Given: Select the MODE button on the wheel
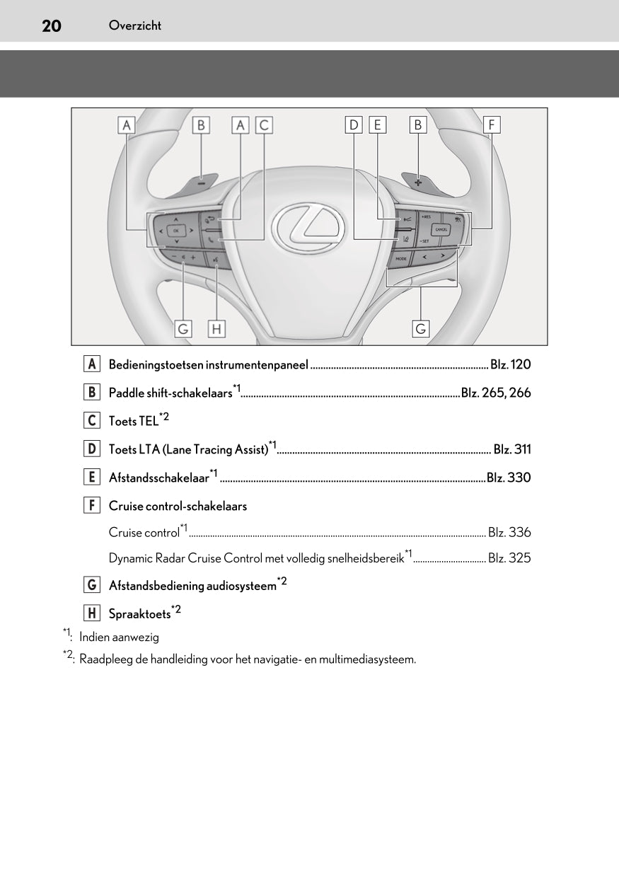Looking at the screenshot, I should click(401, 260).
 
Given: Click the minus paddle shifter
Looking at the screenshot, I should click(202, 183).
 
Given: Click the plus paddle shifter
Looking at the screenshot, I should click(418, 182).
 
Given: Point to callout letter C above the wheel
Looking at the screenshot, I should click(264, 125).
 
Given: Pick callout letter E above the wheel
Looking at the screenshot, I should click(377, 125).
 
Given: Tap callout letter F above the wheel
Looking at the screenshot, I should click(491, 125).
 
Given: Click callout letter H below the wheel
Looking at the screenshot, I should click(216, 328).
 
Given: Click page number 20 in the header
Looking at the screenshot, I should click(51, 26).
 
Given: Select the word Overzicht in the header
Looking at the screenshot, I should click(135, 25).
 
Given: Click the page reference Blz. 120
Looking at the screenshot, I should click(510, 364).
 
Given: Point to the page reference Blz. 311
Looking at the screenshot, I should click(511, 449).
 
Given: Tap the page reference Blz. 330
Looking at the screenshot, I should click(509, 478).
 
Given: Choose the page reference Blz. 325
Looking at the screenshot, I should click(509, 558).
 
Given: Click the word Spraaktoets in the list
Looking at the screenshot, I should click(139, 614).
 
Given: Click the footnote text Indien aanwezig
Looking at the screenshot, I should click(119, 637).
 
